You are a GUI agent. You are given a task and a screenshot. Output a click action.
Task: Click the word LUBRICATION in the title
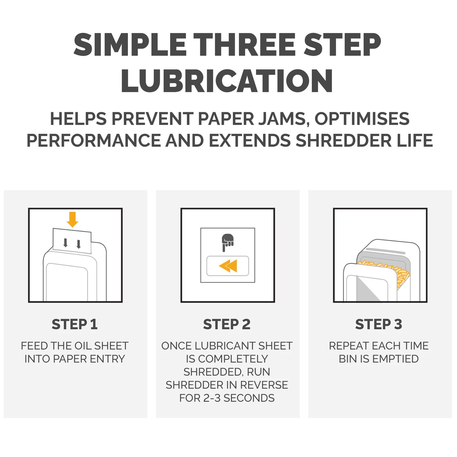(x=227, y=81)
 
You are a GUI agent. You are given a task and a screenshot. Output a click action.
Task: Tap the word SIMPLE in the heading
(x=130, y=45)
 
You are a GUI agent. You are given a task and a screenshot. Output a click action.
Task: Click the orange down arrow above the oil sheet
(x=72, y=219)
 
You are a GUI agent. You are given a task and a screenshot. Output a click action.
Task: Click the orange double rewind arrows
(x=228, y=266)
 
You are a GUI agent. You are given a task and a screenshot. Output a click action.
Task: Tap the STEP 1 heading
(x=75, y=324)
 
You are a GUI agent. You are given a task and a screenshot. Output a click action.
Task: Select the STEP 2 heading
(x=227, y=324)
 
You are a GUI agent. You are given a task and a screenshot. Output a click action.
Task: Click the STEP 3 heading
(x=379, y=324)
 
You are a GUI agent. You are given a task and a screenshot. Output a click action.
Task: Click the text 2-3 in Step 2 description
(x=212, y=398)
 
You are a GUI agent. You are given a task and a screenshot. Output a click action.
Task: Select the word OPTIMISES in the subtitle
(x=362, y=119)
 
